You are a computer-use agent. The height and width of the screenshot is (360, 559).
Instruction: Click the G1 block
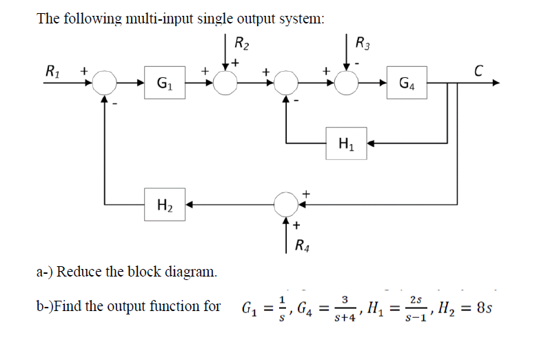[x=162, y=83]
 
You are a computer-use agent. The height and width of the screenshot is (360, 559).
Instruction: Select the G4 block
[x=406, y=83]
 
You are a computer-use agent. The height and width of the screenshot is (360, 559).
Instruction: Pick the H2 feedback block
[x=163, y=204]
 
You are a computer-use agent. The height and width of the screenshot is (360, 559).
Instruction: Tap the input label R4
[x=302, y=243]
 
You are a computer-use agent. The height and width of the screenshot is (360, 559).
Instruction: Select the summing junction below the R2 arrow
[x=225, y=83]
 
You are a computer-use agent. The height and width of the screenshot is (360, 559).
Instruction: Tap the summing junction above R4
[x=286, y=204]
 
